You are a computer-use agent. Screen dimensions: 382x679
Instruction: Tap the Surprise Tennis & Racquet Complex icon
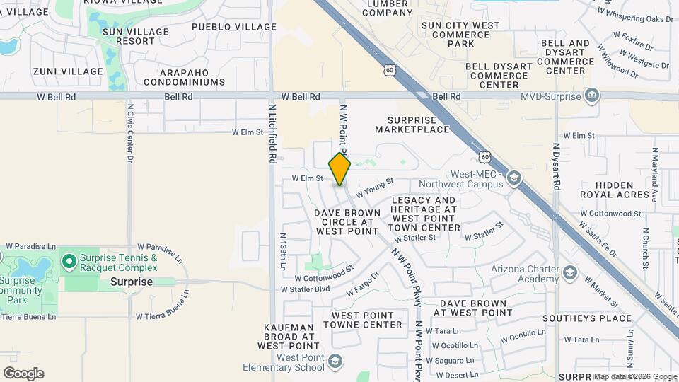(x=69, y=262)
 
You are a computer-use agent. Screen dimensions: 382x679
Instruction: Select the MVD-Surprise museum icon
(x=593, y=95)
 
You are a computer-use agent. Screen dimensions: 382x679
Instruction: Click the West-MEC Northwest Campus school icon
(x=514, y=178)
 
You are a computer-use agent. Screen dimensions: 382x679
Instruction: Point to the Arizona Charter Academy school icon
(x=570, y=273)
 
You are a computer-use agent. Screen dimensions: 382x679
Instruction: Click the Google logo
(x=23, y=374)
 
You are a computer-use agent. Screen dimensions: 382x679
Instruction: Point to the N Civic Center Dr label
(x=130, y=134)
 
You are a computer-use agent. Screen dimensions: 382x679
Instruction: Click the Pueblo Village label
(x=234, y=27)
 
